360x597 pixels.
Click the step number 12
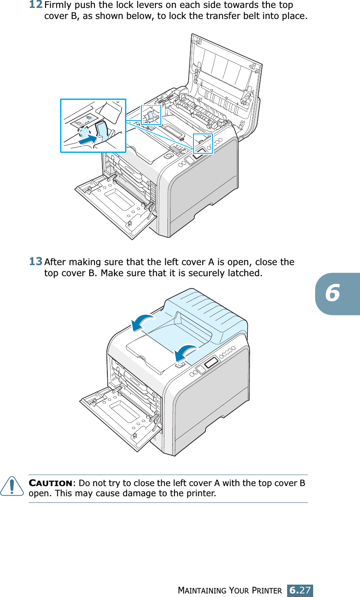tap(36, 5)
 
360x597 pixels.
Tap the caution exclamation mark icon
tap(17, 487)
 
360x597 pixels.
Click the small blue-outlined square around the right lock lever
tap(203, 143)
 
